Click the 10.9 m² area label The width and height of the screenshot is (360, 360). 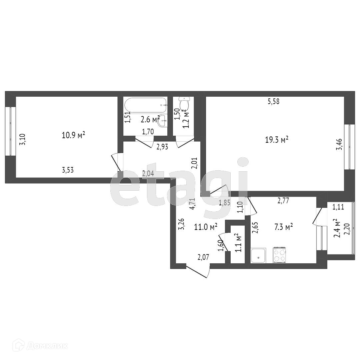tap(73, 135)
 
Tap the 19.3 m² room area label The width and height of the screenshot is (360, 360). tap(277, 140)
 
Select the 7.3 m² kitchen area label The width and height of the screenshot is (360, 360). tap(284, 227)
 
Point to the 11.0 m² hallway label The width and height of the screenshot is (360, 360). tap(206, 227)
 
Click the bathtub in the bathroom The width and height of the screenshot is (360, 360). tap(146, 105)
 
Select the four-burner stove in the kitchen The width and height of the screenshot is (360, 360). tap(279, 255)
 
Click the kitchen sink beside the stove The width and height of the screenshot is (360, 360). tap(259, 255)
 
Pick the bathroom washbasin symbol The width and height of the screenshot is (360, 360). tap(162, 120)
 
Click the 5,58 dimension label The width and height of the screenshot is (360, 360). tap(273, 101)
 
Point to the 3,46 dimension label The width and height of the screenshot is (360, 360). tap(339, 144)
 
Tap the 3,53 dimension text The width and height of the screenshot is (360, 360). tap(68, 170)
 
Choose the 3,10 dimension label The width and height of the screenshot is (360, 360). tap(23, 139)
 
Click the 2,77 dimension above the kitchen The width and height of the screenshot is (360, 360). tap(283, 201)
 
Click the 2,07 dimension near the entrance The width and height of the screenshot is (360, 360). tap(203, 257)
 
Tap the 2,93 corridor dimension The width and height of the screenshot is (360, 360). tap(162, 147)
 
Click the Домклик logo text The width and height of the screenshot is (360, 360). tap(47, 346)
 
